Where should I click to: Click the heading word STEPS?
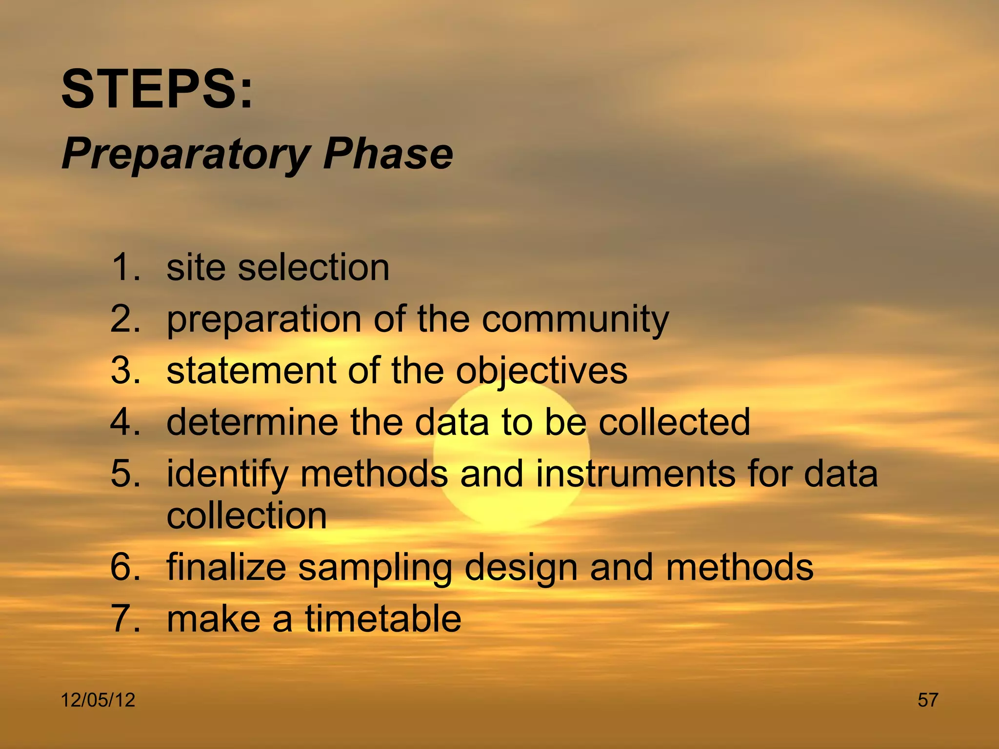tap(157, 90)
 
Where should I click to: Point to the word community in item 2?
tap(575, 320)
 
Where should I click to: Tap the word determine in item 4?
tap(252, 422)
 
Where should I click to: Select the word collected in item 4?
tap(674, 422)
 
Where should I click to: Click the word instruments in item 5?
tap(635, 474)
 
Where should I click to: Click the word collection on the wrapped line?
tap(246, 516)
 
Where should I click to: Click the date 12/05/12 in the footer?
tap(98, 700)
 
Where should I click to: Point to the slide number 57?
tap(928, 700)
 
